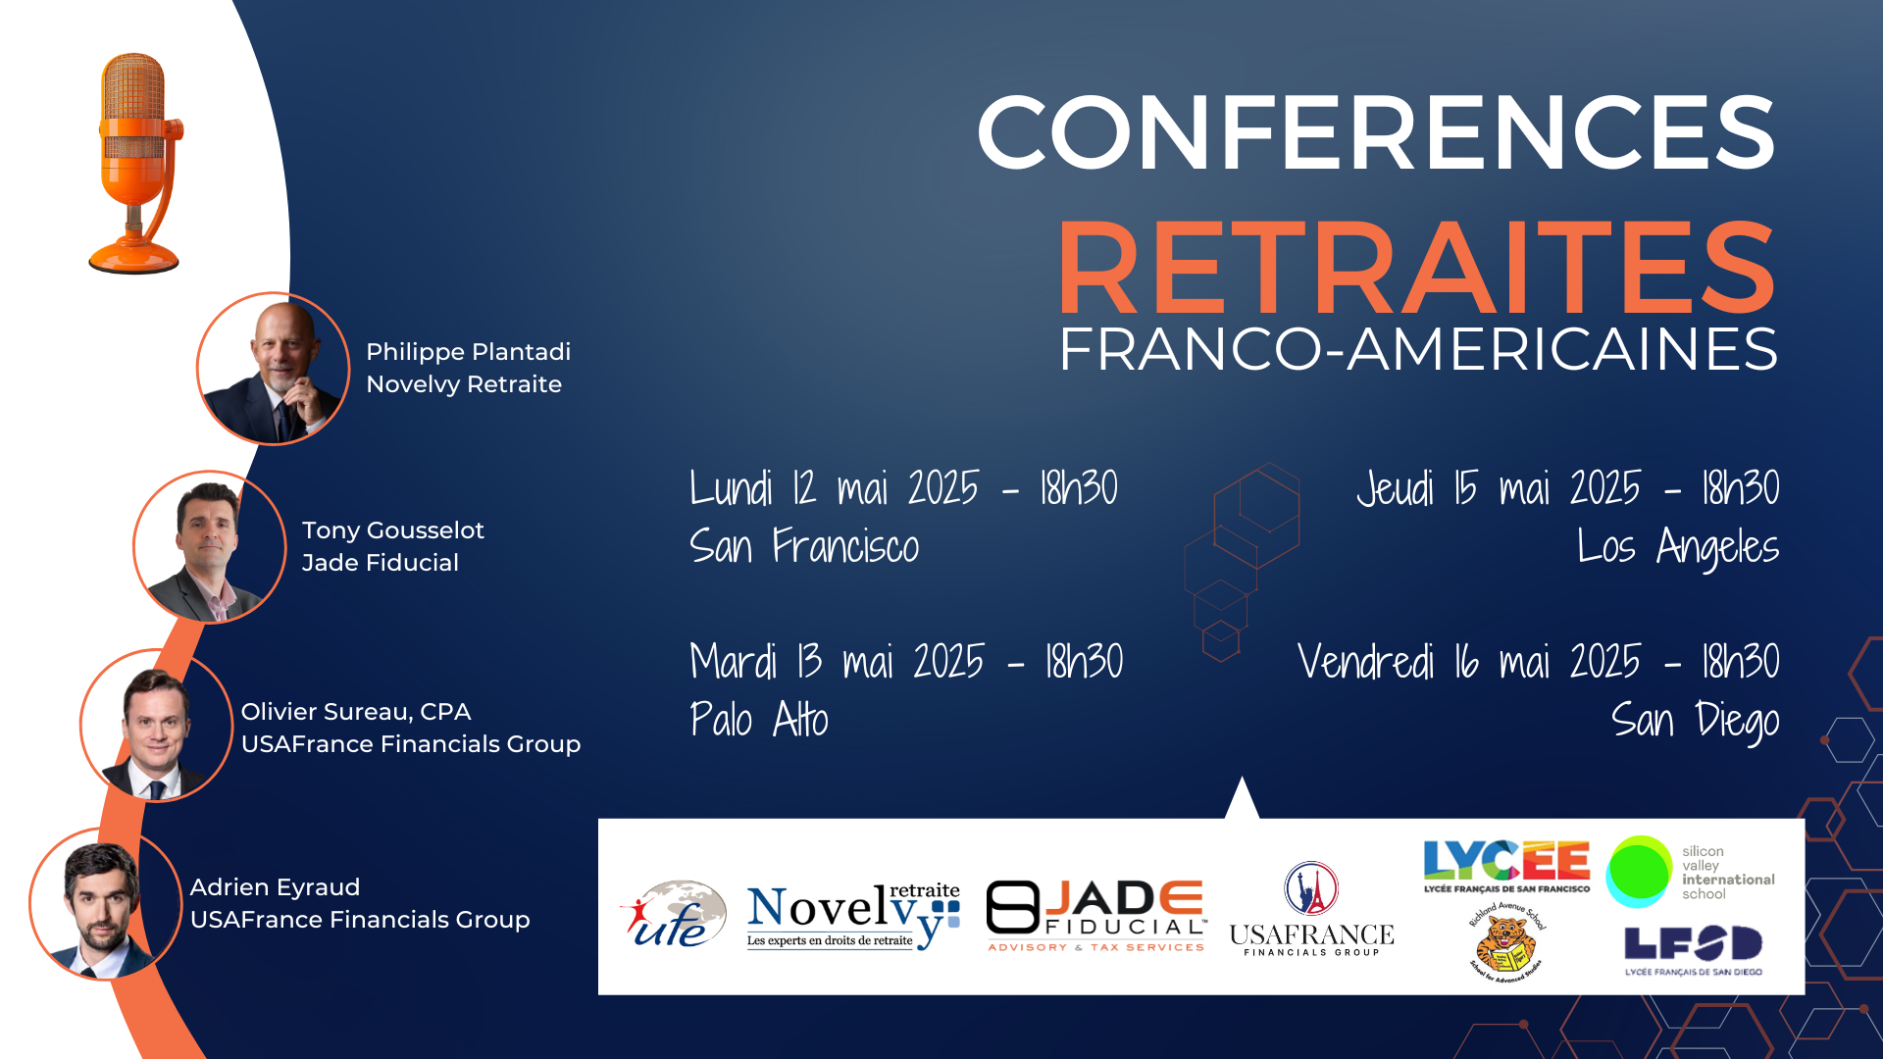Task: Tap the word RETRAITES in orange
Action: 1417,267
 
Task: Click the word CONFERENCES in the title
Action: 1376,132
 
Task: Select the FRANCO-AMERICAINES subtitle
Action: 1418,349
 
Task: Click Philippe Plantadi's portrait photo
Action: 274,369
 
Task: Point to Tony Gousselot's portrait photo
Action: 210,547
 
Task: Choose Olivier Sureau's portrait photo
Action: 156,726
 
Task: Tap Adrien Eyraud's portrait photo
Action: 105,904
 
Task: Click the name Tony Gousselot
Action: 392,530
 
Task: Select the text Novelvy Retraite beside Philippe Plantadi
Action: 464,384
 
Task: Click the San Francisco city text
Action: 804,546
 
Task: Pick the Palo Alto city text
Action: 759,720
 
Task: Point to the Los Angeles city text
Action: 1678,547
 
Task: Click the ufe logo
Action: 673,914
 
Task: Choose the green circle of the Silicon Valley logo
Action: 1639,871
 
